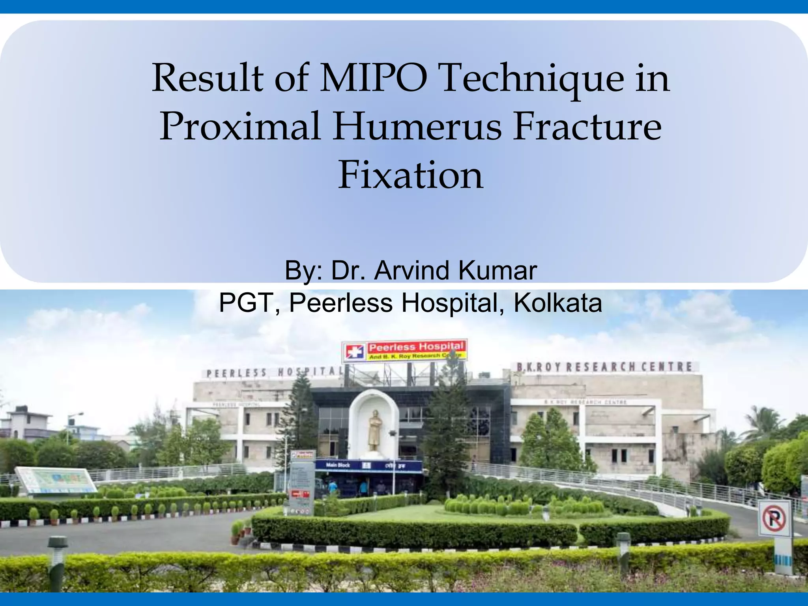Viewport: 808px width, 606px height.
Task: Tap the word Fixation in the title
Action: pyautogui.click(x=410, y=175)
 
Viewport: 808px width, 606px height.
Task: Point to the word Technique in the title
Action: pyautogui.click(x=533, y=79)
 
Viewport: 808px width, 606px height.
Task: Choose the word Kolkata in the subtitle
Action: pyautogui.click(x=557, y=303)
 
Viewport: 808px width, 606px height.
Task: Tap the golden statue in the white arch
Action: pyautogui.click(x=374, y=430)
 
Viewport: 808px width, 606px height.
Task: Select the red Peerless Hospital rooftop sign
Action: pyautogui.click(x=416, y=350)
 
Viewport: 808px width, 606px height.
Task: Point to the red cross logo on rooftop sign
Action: pyautogui.click(x=355, y=351)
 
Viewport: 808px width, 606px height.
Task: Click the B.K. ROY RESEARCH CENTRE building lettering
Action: pyautogui.click(x=604, y=367)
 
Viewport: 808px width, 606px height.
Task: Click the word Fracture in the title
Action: pyautogui.click(x=587, y=127)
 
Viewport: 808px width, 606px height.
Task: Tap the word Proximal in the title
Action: pyautogui.click(x=240, y=127)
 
